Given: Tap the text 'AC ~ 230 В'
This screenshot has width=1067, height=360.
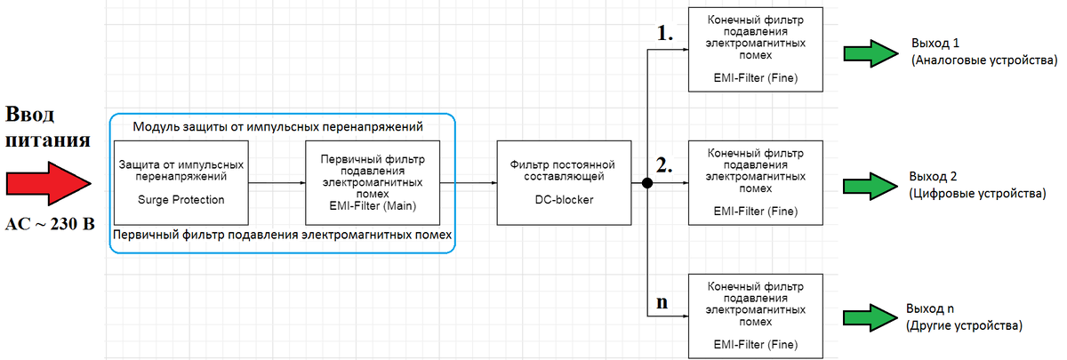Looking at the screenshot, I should coord(50,224).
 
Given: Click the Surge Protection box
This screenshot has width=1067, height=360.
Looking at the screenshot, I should coord(181,183).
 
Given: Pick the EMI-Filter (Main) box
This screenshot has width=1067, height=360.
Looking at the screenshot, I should coord(373,183).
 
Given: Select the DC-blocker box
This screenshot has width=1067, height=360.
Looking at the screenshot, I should coord(565,183).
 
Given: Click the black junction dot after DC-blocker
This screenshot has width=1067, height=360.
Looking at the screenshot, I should coord(648,183).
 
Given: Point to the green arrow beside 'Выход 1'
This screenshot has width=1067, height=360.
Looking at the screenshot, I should coord(872,52).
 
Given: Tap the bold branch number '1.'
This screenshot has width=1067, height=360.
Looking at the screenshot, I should coord(665,35).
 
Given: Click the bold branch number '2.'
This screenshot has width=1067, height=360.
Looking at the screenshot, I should coord(665,166).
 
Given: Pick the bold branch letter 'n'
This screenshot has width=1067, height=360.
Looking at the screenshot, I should coord(662,301).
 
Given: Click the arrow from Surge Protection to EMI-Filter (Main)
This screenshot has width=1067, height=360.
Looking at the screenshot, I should coord(277,183).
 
